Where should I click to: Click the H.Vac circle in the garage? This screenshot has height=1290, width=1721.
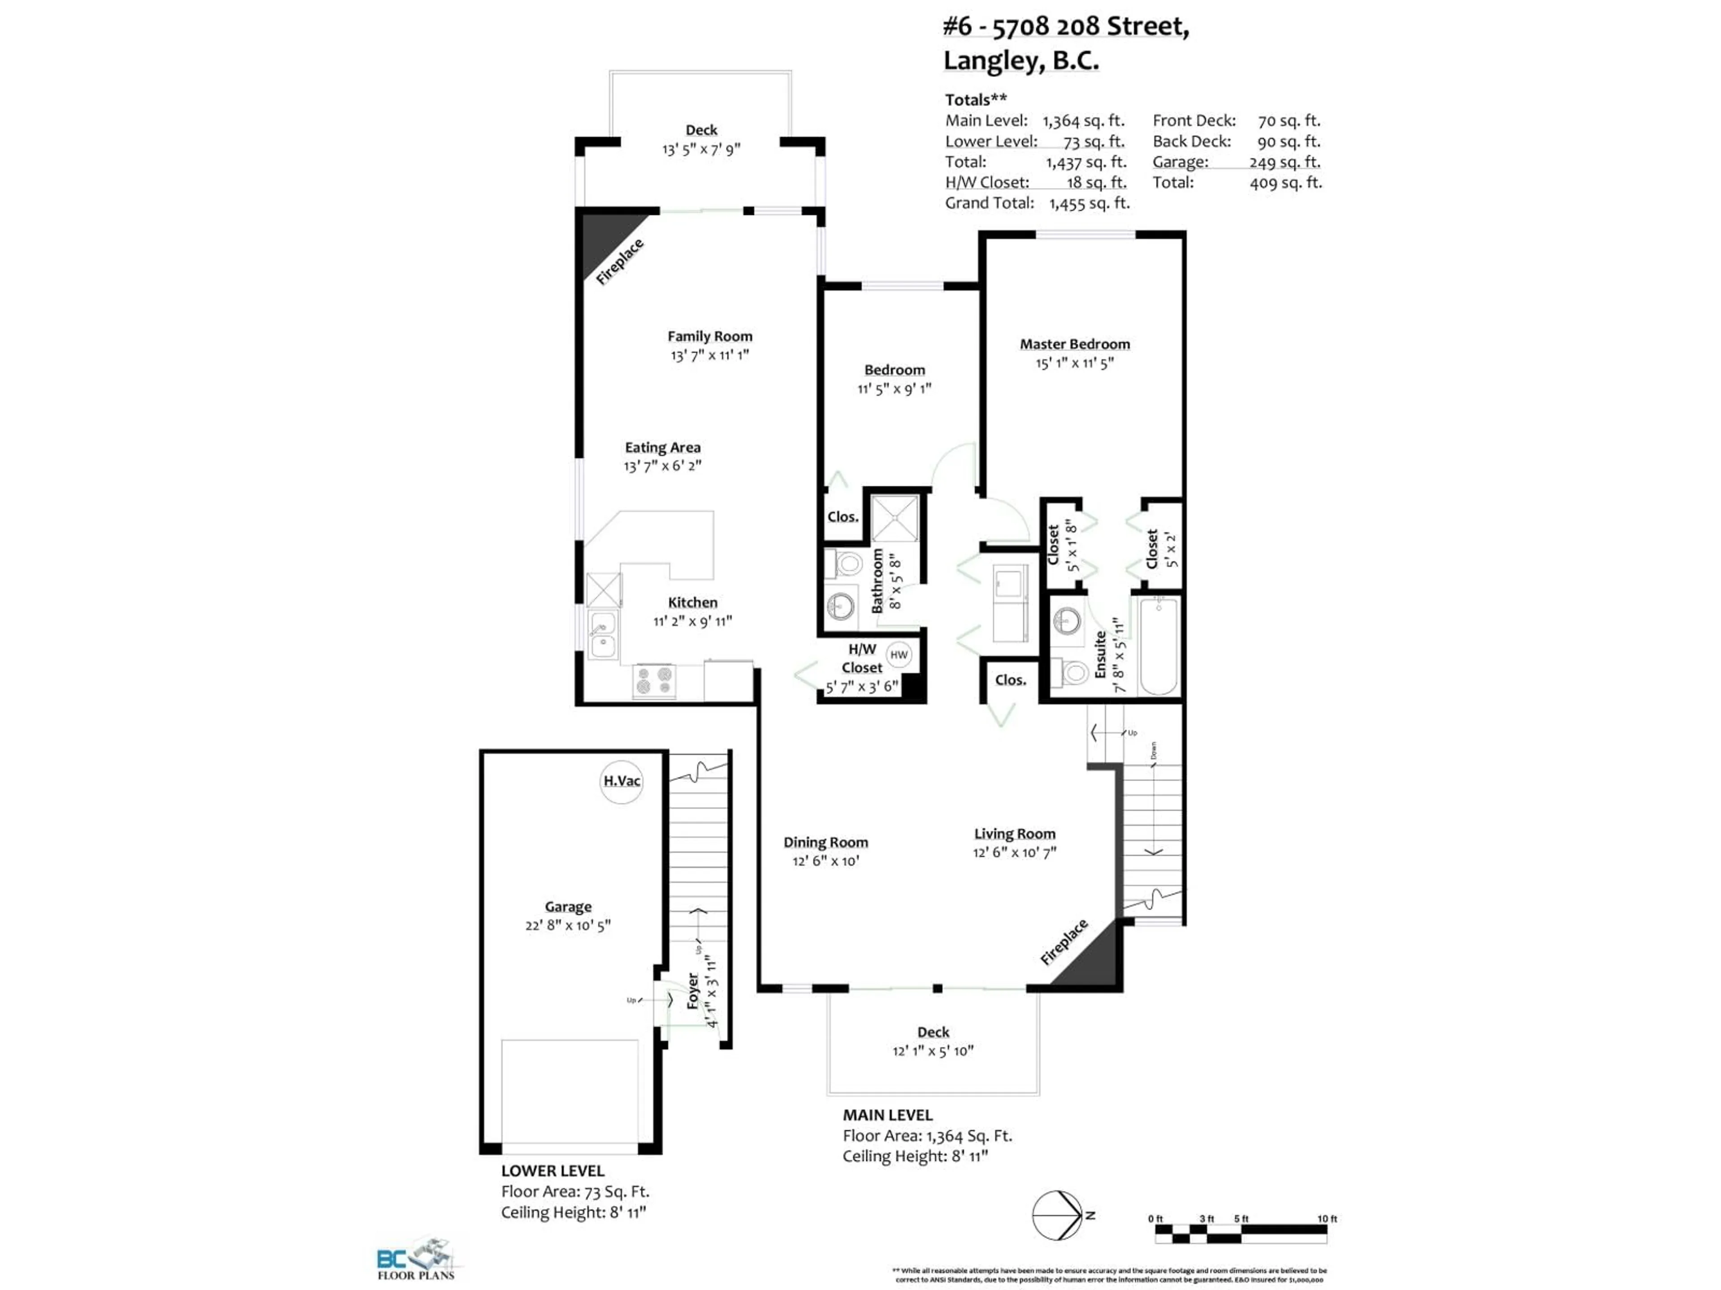(622, 781)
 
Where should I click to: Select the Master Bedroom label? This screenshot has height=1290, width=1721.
(1074, 344)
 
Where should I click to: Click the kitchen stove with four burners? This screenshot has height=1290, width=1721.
(653, 682)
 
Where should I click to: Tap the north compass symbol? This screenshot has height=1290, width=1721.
(1058, 1215)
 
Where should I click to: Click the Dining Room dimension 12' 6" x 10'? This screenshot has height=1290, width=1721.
(826, 861)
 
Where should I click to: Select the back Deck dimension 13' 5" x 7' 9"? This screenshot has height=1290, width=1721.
(701, 149)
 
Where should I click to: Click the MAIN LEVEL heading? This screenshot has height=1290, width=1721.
(887, 1115)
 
